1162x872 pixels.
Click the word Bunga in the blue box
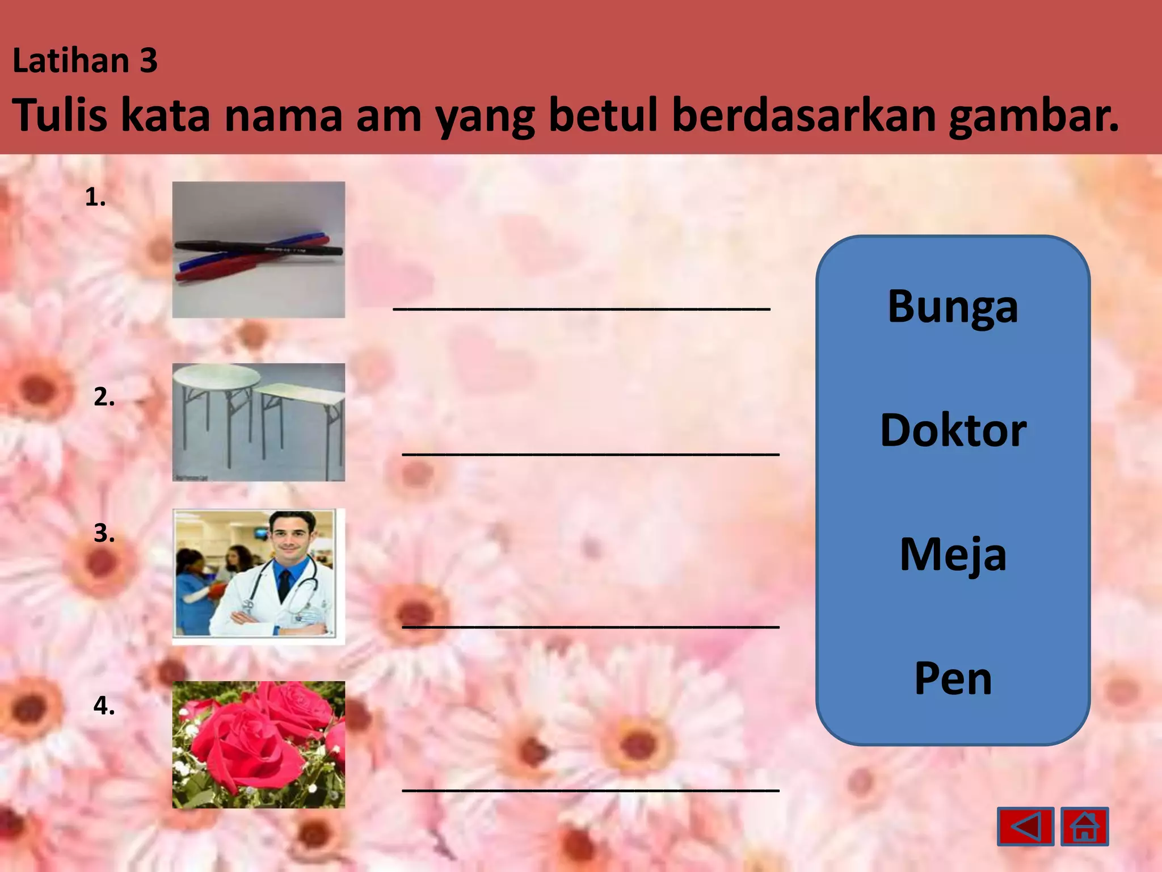click(953, 307)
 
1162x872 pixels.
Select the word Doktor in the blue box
click(953, 430)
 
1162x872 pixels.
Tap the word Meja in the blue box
click(953, 554)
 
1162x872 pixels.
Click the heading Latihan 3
click(85, 60)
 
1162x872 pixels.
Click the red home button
click(1084, 827)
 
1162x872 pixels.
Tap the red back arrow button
click(1025, 827)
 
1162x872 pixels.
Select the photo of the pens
click(259, 250)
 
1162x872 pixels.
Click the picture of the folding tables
click(259, 422)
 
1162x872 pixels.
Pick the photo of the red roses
click(259, 745)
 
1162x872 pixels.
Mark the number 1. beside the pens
click(95, 198)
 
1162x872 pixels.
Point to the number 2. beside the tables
click(104, 397)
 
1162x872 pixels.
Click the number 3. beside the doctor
click(104, 534)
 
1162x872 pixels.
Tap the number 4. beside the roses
click(104, 706)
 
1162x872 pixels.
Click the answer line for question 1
click(582, 307)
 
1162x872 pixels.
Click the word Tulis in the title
click(60, 115)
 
